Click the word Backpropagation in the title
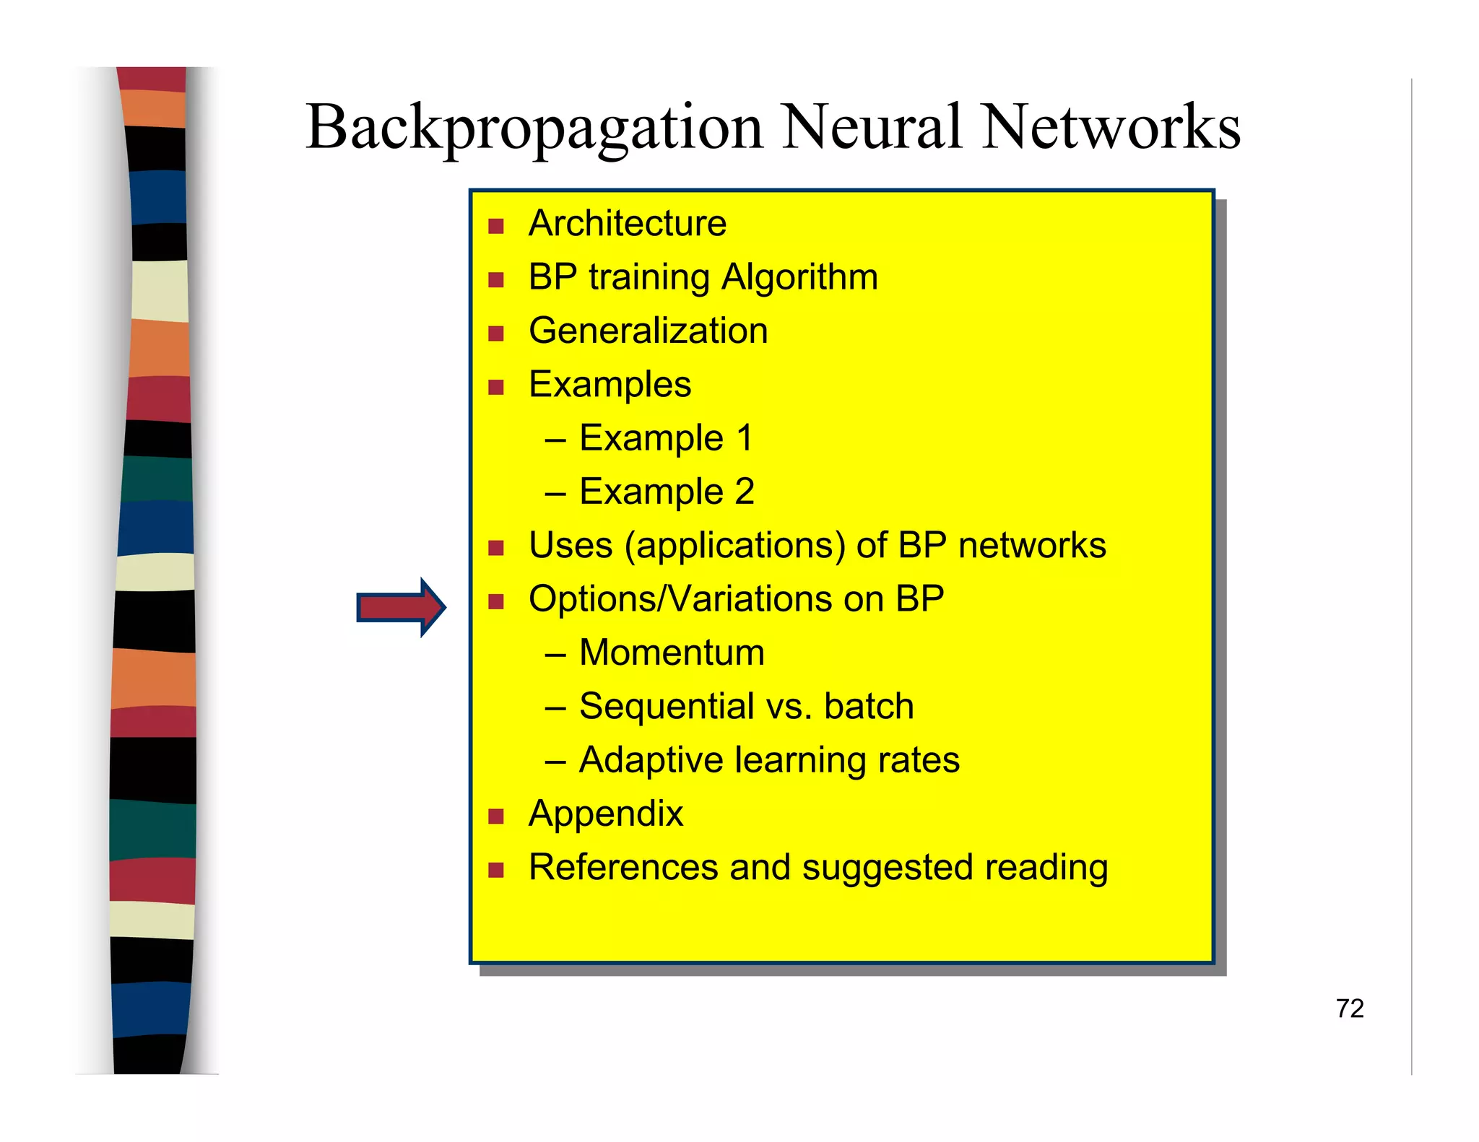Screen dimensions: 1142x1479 (x=534, y=128)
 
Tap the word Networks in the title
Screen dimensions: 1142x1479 (x=1111, y=127)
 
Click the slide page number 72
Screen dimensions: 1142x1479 (x=1349, y=1008)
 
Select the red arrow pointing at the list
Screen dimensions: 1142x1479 (x=401, y=607)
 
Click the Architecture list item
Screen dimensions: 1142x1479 (x=627, y=223)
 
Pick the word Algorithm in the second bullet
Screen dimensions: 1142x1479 (x=799, y=277)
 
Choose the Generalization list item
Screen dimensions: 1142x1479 (x=648, y=331)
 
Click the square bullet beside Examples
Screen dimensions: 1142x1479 (x=495, y=388)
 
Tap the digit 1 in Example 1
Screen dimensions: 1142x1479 (x=744, y=438)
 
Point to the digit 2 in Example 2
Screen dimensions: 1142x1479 (x=745, y=492)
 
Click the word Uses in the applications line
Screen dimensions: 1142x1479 (x=571, y=545)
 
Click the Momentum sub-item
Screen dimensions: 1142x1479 (x=671, y=653)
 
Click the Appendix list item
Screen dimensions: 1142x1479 (x=605, y=814)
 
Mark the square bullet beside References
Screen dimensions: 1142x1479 (x=495, y=870)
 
